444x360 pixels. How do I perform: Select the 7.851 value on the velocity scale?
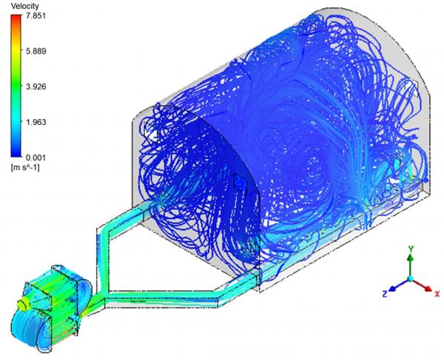click(36, 16)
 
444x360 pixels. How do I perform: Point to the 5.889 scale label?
click(36, 51)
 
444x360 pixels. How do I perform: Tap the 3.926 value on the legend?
click(36, 86)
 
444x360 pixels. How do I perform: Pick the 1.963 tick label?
click(36, 122)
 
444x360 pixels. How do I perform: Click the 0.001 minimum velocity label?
click(36, 157)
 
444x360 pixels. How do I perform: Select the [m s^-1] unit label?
click(25, 168)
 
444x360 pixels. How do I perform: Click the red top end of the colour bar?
click(16, 18)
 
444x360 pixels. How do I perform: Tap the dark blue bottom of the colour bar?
click(16, 154)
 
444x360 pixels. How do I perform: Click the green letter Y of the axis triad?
click(410, 248)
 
